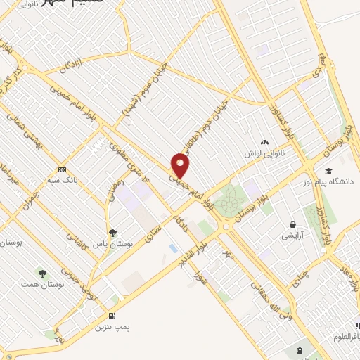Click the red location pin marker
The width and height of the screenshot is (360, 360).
pyautogui.click(x=181, y=167)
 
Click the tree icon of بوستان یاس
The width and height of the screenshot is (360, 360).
pyautogui.click(x=112, y=233)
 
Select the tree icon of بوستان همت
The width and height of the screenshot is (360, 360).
pyautogui.click(x=44, y=273)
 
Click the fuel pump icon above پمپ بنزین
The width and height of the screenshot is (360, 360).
pyautogui.click(x=112, y=316)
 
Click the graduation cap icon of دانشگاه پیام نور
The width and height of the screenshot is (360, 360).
pyautogui.click(x=328, y=171)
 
